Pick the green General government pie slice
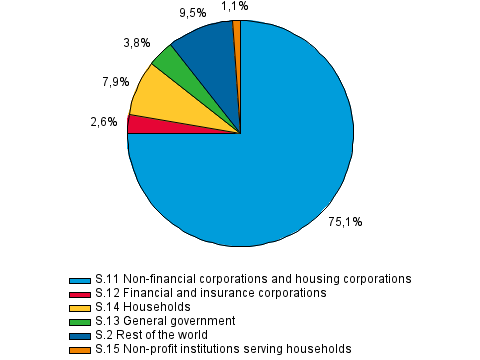coord(164,62)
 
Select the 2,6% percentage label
coord(104,122)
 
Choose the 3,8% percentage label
coord(136,43)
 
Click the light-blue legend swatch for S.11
coord(76,279)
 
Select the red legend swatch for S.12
coord(76,293)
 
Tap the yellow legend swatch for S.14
coord(76,307)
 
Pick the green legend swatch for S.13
coord(76,321)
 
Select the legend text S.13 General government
coord(164,321)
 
